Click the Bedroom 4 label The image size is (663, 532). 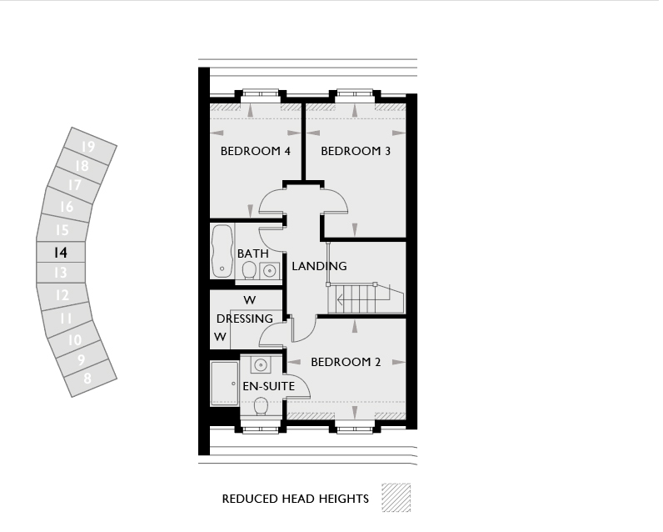256,151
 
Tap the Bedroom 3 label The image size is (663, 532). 356,151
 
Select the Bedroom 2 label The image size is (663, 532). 346,362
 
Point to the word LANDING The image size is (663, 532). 319,266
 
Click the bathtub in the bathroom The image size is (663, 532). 222,251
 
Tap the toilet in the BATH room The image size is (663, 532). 249,270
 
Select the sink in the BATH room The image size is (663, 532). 269,270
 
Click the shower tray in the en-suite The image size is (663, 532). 225,384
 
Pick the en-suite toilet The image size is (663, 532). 261,406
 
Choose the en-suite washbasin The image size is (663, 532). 261,364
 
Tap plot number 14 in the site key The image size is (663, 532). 61,253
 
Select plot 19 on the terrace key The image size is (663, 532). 88,147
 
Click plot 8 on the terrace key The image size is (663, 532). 87,378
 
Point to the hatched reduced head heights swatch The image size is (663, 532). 396,498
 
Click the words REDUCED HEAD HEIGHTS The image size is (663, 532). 295,499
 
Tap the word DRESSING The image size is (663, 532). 244,319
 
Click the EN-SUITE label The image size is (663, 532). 268,386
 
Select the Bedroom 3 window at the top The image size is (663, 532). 354,93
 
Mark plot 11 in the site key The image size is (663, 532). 66,319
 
